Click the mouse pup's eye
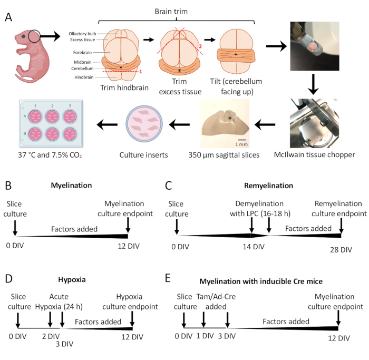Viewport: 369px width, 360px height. pyautogui.click(x=23, y=36)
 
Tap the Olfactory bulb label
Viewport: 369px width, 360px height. pyautogui.click(x=82, y=34)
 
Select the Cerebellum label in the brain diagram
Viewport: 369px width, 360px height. pyautogui.click(x=82, y=69)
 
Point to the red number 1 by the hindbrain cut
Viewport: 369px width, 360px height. pyautogui.click(x=141, y=71)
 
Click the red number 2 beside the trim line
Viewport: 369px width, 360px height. pyautogui.click(x=200, y=46)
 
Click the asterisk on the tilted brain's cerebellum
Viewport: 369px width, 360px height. pyautogui.click(x=236, y=55)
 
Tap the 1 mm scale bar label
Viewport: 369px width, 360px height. pyautogui.click(x=241, y=144)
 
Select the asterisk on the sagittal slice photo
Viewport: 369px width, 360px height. pyautogui.click(x=230, y=119)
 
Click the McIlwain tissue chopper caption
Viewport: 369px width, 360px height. pyautogui.click(x=314, y=155)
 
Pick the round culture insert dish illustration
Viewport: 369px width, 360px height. pyautogui.click(x=144, y=123)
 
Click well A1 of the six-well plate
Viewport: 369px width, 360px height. pyautogui.click(x=35, y=116)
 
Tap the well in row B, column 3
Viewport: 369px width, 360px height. pyautogui.click(x=70, y=134)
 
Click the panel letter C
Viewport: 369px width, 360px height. pyautogui.click(x=169, y=186)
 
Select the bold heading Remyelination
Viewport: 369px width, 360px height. pyautogui.click(x=268, y=186)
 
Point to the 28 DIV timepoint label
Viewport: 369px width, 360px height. pyautogui.click(x=341, y=250)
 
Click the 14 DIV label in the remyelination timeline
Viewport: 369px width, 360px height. pyautogui.click(x=254, y=247)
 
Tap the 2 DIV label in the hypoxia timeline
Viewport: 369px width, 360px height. pyautogui.click(x=51, y=336)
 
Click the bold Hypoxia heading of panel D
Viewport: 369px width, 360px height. pyautogui.click(x=72, y=279)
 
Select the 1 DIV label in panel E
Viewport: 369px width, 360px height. pyautogui.click(x=205, y=336)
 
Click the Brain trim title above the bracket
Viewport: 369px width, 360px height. pyautogui.click(x=171, y=11)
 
